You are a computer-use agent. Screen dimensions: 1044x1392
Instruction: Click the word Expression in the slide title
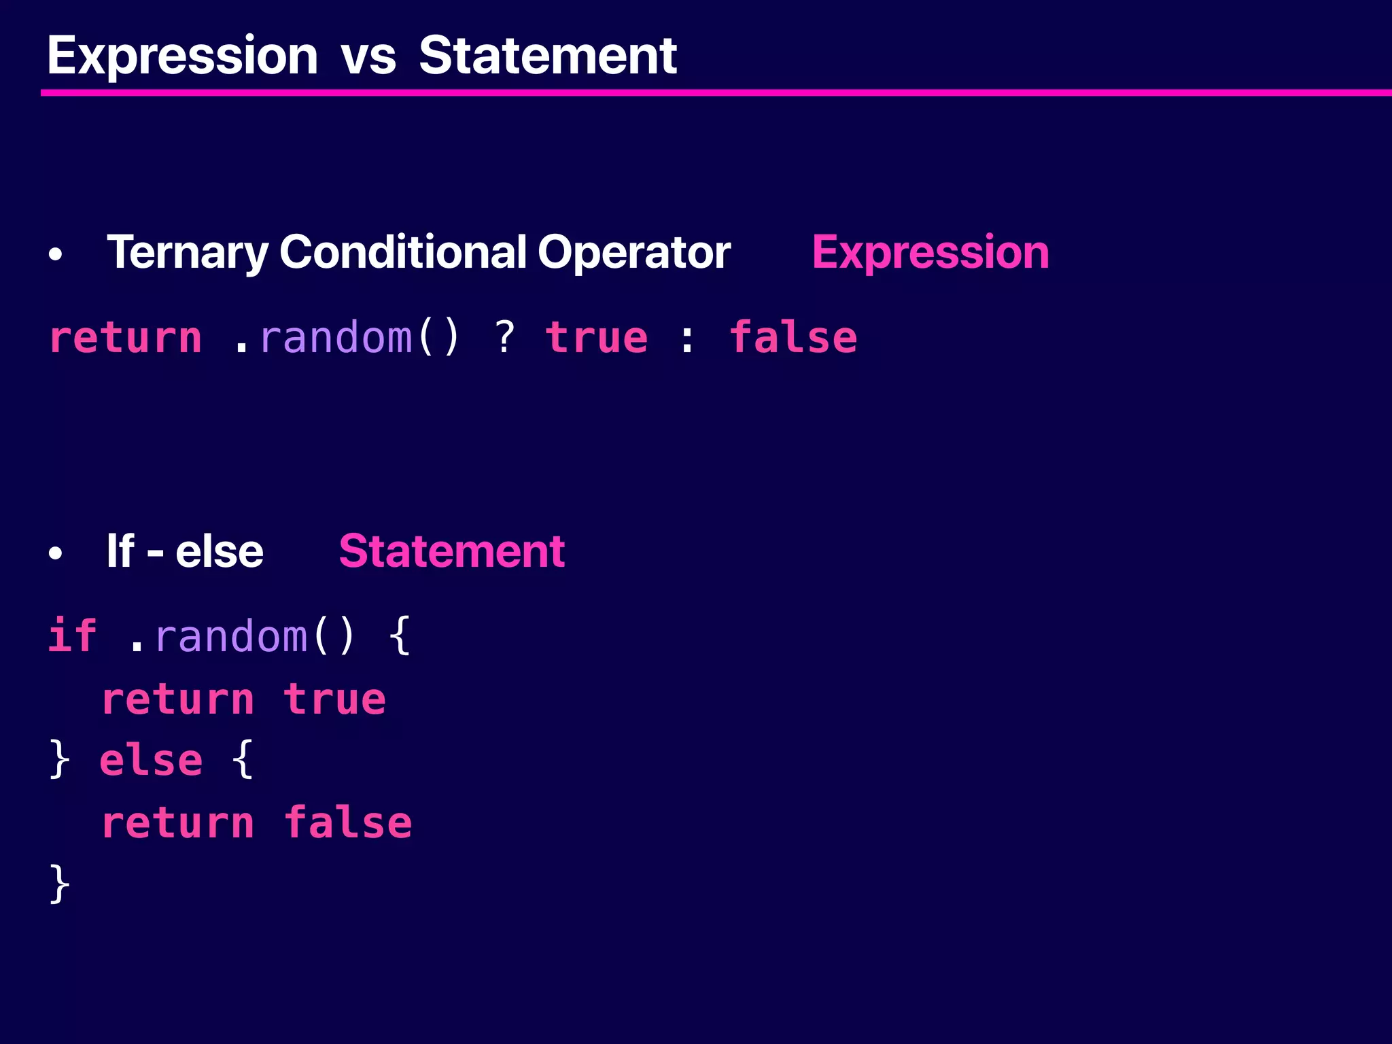point(182,56)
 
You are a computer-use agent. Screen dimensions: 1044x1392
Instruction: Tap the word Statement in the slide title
point(547,56)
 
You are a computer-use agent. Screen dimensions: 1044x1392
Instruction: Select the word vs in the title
point(368,57)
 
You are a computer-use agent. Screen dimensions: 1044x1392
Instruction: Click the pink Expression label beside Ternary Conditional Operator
point(930,253)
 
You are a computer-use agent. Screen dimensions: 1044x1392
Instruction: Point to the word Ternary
point(188,253)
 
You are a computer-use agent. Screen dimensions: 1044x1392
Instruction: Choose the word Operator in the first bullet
point(633,253)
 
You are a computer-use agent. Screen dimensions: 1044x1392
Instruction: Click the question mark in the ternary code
point(504,337)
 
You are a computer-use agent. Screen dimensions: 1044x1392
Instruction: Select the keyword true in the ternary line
point(596,338)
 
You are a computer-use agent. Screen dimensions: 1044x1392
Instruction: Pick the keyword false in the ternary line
point(793,337)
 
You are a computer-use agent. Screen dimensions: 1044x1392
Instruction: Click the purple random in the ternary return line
point(336,337)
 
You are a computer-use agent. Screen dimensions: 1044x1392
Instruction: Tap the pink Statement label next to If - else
point(451,551)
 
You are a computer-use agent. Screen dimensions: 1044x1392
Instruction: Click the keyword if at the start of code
point(72,636)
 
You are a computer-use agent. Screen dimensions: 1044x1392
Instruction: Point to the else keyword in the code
point(151,760)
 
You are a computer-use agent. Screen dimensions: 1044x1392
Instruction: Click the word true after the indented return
point(334,699)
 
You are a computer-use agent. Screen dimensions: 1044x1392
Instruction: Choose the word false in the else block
point(347,822)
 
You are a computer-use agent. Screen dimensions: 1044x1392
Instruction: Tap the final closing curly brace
point(60,884)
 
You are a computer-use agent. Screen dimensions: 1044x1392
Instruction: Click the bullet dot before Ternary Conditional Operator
point(56,255)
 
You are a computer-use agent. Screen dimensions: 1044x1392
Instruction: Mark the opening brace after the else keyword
point(243,760)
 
